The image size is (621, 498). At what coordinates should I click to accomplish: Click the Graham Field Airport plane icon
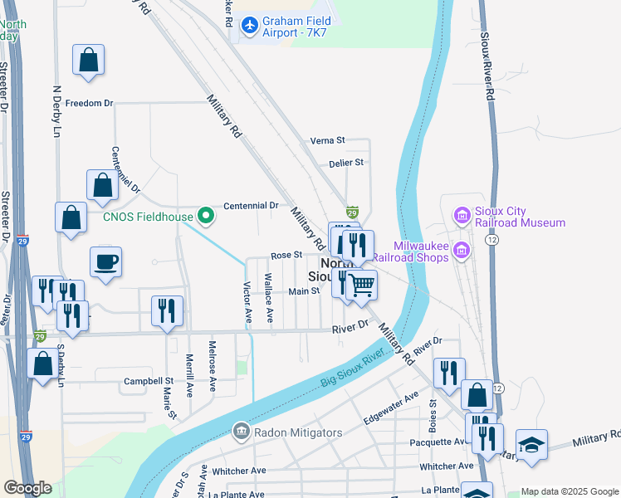tap(249, 26)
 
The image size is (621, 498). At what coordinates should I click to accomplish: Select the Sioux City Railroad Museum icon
tap(462, 217)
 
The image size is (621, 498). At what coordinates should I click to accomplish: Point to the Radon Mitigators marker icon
tap(241, 431)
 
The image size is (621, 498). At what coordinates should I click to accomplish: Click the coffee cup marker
tap(105, 263)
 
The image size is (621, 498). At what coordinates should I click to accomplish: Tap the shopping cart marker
tap(362, 285)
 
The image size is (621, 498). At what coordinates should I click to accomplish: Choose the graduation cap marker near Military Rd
tap(531, 445)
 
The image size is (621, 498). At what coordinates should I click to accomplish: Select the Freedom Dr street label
tap(88, 104)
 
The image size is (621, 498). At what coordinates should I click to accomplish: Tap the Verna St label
tap(326, 141)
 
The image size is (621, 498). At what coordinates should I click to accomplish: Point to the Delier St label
tap(346, 164)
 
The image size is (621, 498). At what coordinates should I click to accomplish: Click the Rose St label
tap(284, 256)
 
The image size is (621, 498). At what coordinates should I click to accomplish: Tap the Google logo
tap(27, 488)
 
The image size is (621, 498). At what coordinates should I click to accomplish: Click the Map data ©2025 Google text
tap(569, 491)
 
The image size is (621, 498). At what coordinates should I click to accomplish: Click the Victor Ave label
tap(247, 303)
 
